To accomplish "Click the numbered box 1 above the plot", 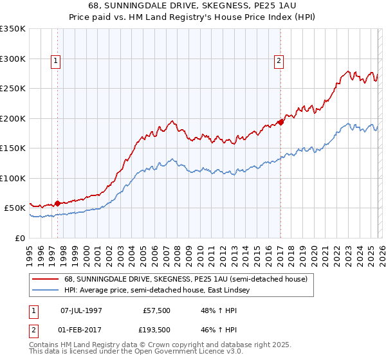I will click(57, 62).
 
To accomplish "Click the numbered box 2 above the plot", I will click(279, 62).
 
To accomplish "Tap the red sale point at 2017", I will click(281, 122).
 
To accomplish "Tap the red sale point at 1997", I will click(58, 203).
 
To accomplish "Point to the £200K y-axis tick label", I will click(13, 118).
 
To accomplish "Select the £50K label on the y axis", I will click(15, 208).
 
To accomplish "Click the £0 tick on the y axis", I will click(21, 238).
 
